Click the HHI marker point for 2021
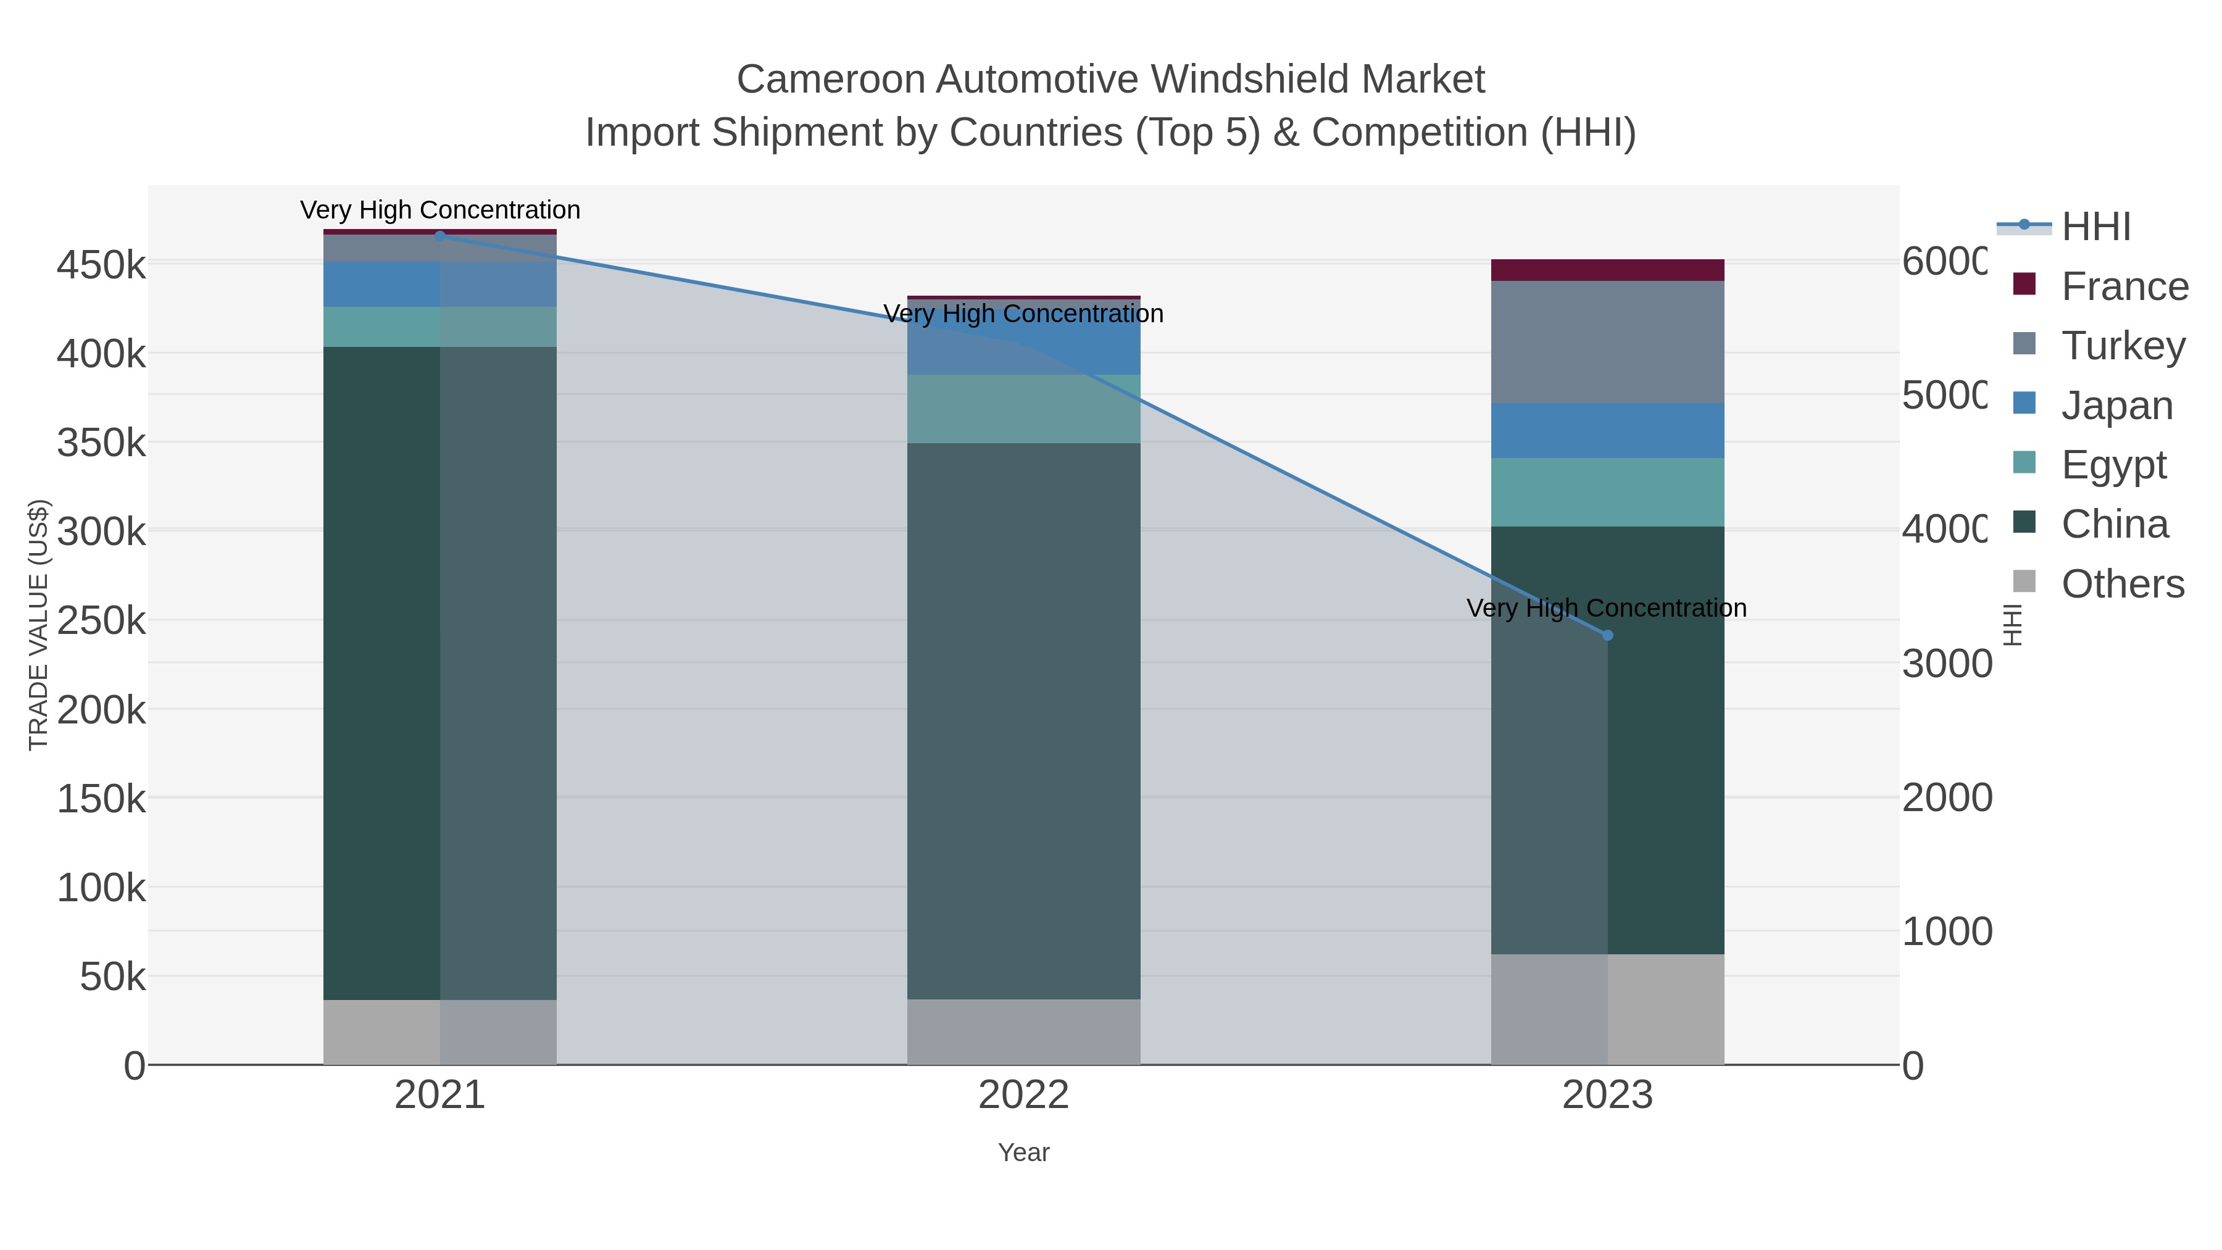coord(440,236)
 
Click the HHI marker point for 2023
coord(1607,635)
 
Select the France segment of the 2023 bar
coord(1607,270)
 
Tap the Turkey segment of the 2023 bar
coord(1607,341)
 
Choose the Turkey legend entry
coord(2123,345)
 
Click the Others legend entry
coord(2122,583)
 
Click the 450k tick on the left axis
coord(101,265)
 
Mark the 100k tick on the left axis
coord(101,887)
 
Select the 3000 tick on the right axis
coord(1947,664)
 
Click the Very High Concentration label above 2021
coord(440,210)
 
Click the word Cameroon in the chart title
coord(829,80)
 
